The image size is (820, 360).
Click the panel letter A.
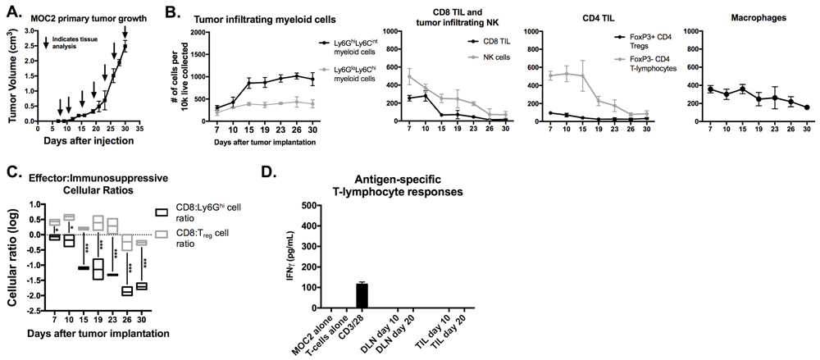pos(10,15)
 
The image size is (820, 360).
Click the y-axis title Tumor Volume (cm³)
pos(14,79)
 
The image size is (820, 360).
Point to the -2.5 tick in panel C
pos(35,312)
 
